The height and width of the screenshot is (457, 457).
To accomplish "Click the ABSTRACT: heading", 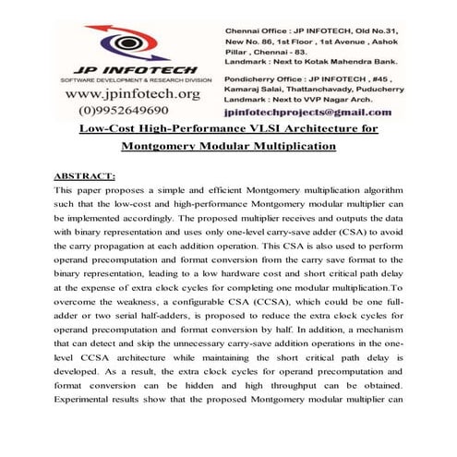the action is point(84,174).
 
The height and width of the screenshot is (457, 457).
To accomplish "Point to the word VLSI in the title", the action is point(240,130).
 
